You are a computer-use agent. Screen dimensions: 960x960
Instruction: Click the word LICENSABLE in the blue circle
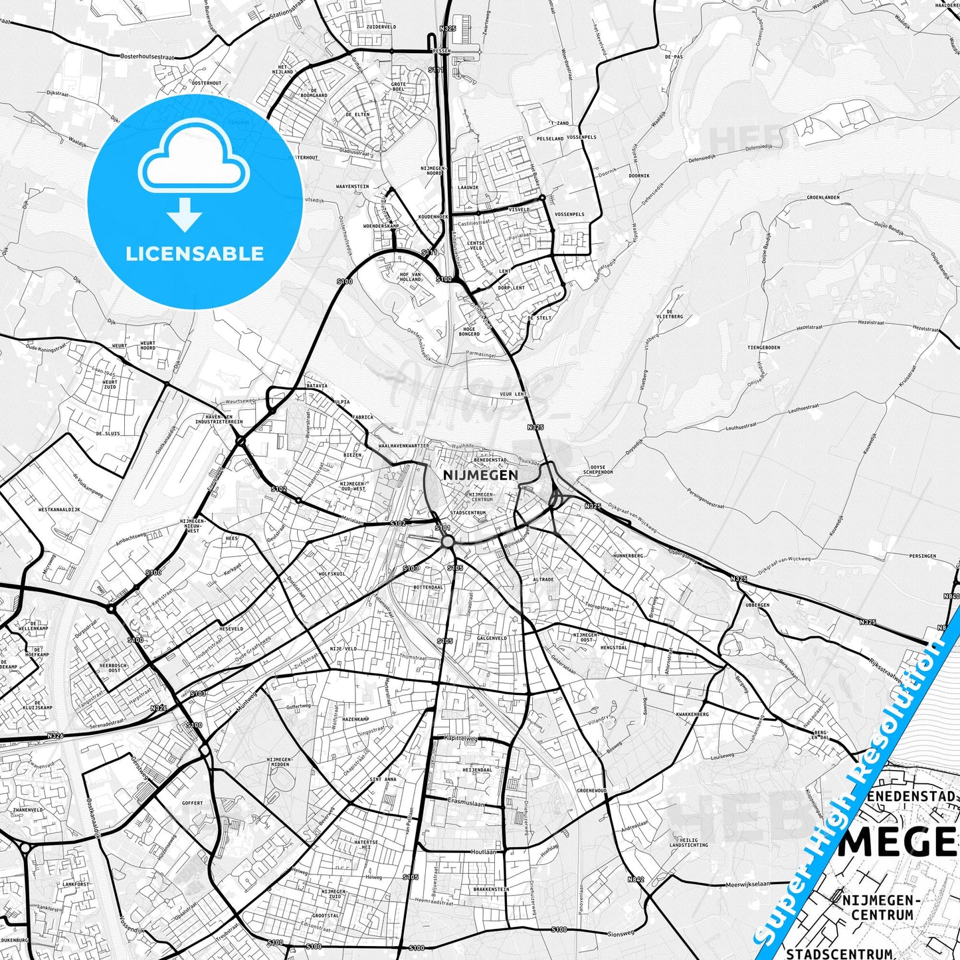pos(195,254)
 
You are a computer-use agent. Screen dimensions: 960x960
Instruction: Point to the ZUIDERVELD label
pos(381,27)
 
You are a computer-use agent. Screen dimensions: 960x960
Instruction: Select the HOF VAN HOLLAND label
pos(411,277)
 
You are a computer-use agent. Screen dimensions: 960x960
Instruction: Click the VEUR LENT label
pos(514,394)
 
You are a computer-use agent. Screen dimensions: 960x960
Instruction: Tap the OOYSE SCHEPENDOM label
pos(598,469)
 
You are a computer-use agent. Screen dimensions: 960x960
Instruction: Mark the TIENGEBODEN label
pos(763,347)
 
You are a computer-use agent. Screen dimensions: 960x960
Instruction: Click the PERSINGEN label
pos(923,556)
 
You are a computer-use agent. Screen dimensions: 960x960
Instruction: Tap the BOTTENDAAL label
pos(428,587)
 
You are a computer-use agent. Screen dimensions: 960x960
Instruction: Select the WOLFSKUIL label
pos(332,573)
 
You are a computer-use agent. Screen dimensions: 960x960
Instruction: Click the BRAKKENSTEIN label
pos(491,889)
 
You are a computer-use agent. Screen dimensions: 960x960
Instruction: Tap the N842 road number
pos(636,880)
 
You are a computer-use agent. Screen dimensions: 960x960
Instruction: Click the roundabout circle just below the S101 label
pos(447,542)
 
